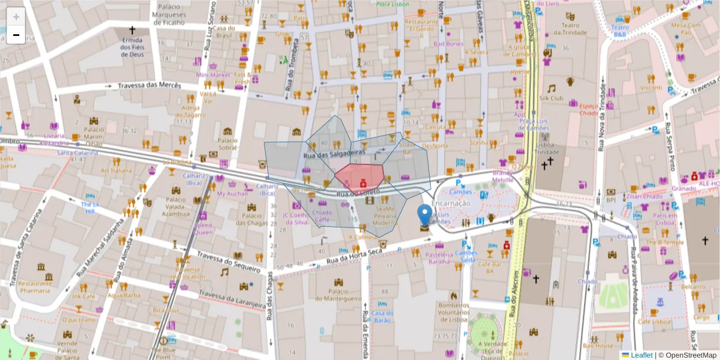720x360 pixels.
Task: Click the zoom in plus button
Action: [x=16, y=17]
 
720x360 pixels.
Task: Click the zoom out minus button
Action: [x=16, y=35]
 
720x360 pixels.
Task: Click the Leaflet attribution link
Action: [x=641, y=355]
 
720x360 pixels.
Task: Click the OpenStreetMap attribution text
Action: [x=691, y=355]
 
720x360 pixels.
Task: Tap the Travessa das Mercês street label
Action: [x=149, y=86]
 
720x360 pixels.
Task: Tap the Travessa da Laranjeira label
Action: [x=232, y=299]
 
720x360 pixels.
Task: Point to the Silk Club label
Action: [x=551, y=98]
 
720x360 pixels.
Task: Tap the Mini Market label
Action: [x=213, y=75]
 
